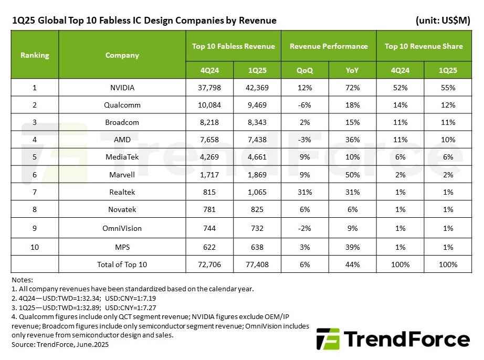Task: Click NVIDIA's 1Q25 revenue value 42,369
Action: [257, 88]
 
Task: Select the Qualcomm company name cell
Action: [122, 105]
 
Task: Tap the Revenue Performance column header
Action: [329, 46]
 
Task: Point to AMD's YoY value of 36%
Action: [352, 140]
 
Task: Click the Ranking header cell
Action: [35, 55]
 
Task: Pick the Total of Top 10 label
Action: [122, 264]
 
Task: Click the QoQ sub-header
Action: [304, 70]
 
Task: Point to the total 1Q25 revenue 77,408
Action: [257, 264]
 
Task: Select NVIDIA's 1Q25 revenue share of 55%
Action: [448, 88]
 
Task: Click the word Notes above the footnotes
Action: [22, 280]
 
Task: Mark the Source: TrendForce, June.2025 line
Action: [60, 344]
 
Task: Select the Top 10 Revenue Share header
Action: [424, 46]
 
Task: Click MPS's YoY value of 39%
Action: [352, 247]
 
